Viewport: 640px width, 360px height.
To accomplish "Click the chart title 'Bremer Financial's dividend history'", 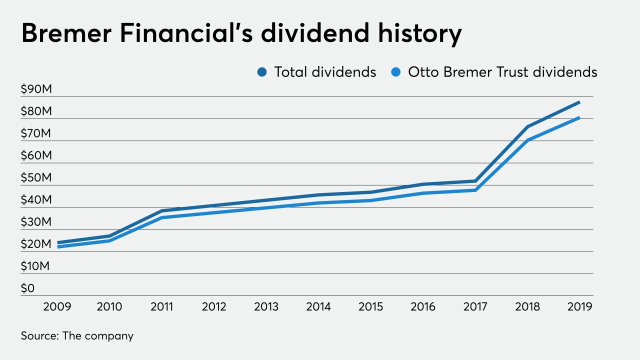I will (x=241, y=34).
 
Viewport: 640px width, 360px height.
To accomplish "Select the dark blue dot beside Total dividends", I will (x=262, y=72).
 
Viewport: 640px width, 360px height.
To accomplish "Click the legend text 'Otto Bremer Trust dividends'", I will (x=502, y=72).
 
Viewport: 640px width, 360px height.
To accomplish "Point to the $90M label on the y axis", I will (x=36, y=89).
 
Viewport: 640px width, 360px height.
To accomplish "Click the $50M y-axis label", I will (x=36, y=178).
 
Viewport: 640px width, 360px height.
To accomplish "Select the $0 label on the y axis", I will (x=27, y=288).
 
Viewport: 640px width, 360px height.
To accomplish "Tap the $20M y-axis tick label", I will (x=36, y=244).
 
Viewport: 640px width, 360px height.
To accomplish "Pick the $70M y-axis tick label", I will (x=36, y=133).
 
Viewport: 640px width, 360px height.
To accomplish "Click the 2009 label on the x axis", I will (x=57, y=306).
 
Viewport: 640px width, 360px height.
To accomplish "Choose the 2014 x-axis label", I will (x=318, y=306).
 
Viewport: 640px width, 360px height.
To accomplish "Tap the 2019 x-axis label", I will (x=579, y=306).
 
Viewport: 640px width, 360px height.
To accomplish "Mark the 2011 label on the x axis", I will (x=161, y=306).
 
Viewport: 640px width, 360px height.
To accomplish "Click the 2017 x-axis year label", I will (x=475, y=306).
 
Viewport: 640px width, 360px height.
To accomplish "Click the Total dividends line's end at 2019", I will (x=579, y=102).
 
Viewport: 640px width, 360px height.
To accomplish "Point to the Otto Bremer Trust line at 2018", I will (x=527, y=140).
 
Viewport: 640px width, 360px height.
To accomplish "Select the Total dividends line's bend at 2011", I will (x=162, y=211).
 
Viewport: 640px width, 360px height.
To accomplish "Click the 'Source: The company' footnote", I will (x=77, y=335).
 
